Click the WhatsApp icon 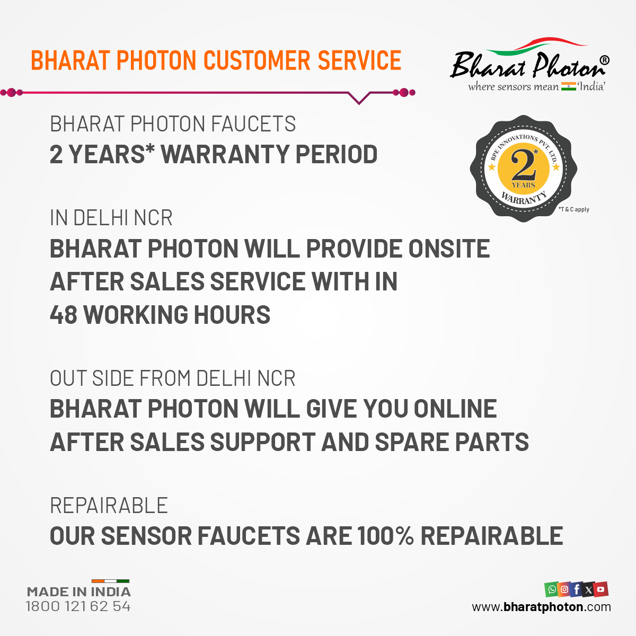(552, 589)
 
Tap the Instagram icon (564, 589)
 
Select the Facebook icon (576, 589)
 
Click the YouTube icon (600, 589)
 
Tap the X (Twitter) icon (588, 589)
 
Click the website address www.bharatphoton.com (541, 607)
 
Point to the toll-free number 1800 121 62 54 (78, 606)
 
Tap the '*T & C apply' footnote (574, 209)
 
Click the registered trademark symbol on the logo (604, 60)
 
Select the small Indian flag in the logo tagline (568, 86)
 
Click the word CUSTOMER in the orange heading (257, 60)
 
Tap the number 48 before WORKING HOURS (64, 314)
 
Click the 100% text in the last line (385, 536)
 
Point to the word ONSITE (449, 249)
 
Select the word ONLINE (455, 409)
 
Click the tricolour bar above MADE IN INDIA (111, 581)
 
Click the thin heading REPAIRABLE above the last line (109, 505)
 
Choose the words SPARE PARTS (452, 442)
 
